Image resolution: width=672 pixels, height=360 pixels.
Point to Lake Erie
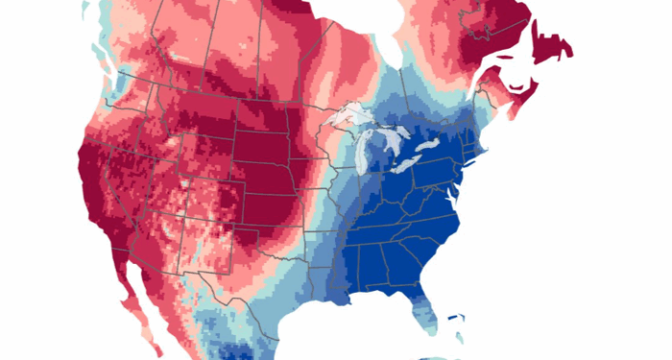(x=413, y=165)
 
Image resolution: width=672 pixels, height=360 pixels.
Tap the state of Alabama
(x=380, y=259)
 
